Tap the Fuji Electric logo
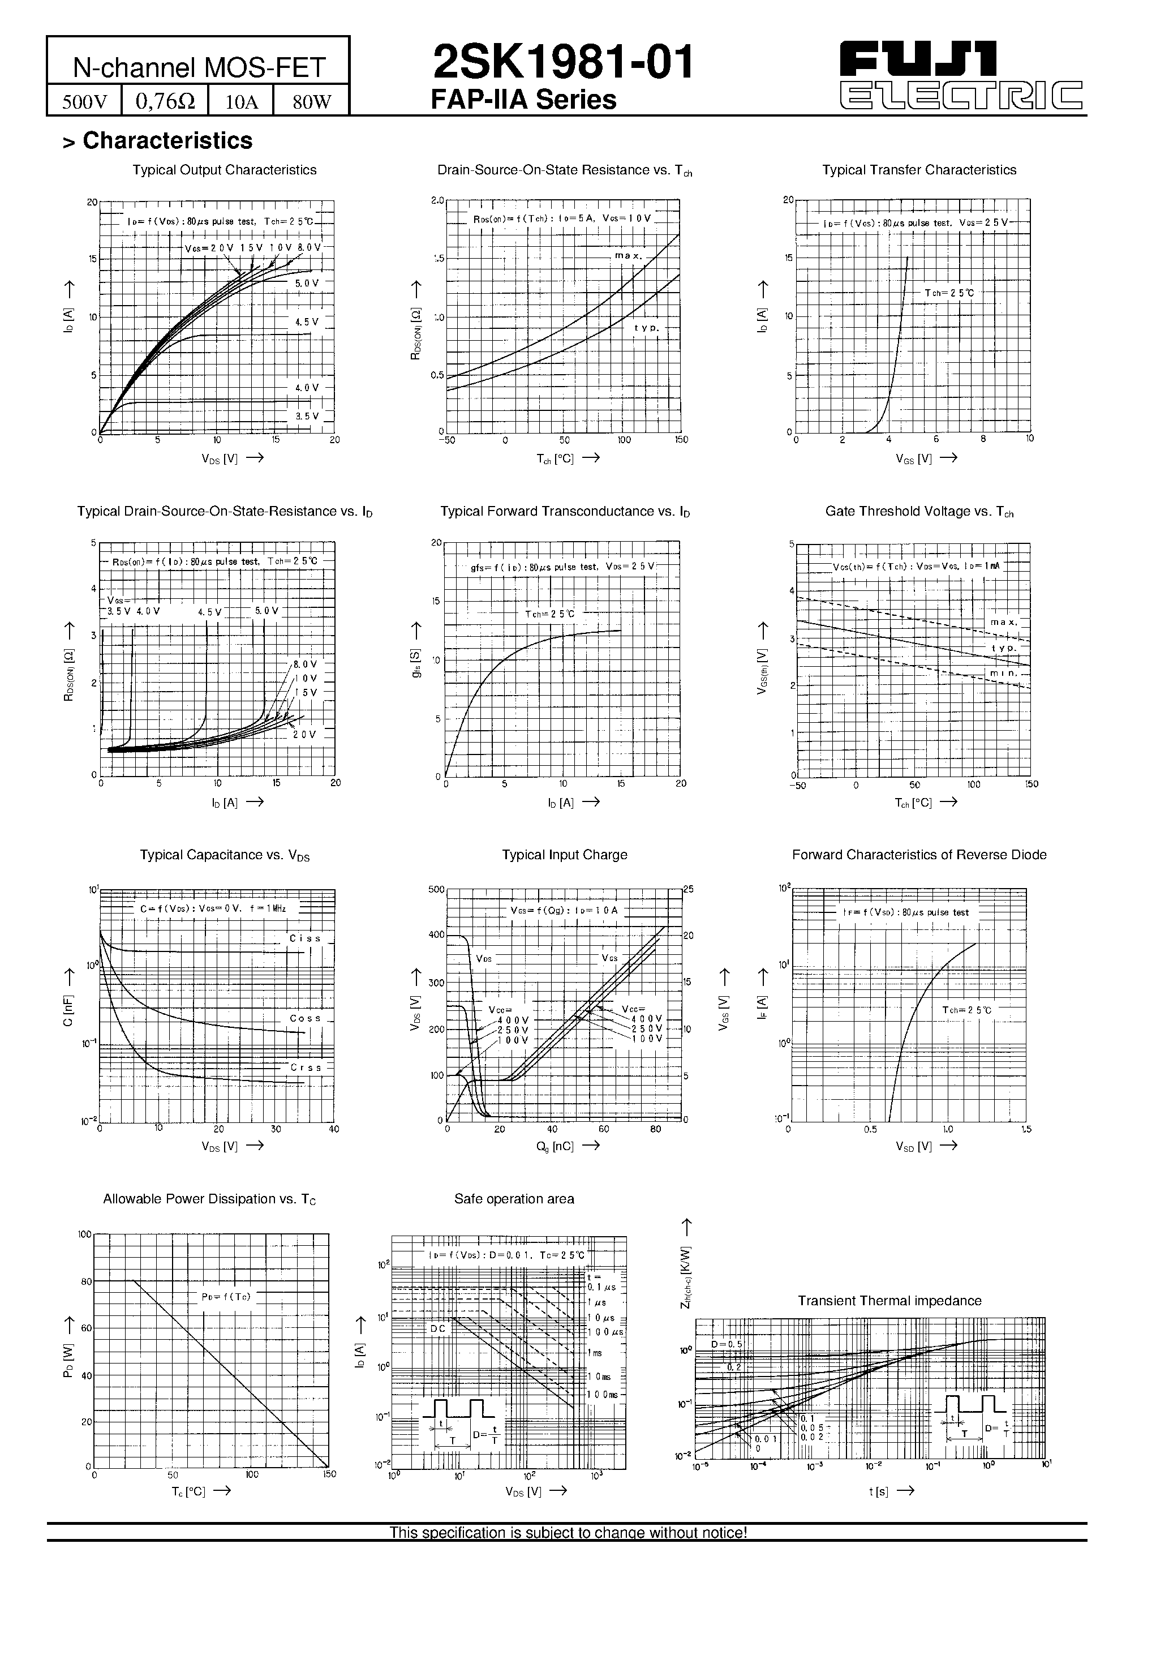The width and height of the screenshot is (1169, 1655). pyautogui.click(x=961, y=75)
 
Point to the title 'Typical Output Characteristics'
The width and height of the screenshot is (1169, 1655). pyautogui.click(x=224, y=170)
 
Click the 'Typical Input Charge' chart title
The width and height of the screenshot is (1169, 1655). pyautogui.click(x=564, y=855)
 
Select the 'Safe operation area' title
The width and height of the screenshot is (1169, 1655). pyautogui.click(x=514, y=1199)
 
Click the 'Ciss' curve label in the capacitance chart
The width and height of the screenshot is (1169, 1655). pyautogui.click(x=305, y=938)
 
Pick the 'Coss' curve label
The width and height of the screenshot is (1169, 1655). pyautogui.click(x=305, y=1018)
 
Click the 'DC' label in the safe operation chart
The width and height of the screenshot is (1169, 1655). pyautogui.click(x=438, y=1328)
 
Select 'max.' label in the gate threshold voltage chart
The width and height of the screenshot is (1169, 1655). pyautogui.click(x=1003, y=622)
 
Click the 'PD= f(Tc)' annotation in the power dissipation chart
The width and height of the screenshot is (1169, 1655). pyautogui.click(x=226, y=1297)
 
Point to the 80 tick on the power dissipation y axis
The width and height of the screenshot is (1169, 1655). pyautogui.click(x=87, y=1281)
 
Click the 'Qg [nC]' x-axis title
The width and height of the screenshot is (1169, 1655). pyautogui.click(x=555, y=1146)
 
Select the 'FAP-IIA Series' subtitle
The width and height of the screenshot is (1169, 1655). pyautogui.click(x=523, y=100)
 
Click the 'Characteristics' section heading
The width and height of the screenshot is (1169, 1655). pyautogui.click(x=167, y=140)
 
